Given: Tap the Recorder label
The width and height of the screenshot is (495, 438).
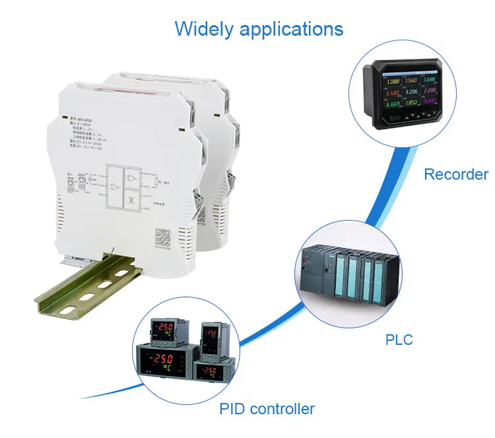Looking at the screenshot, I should click(x=456, y=174).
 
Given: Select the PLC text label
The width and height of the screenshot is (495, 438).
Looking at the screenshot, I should click(x=399, y=340).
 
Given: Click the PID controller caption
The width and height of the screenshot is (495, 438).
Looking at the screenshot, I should click(x=267, y=408).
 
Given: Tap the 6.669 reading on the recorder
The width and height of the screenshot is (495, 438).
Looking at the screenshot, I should click(x=393, y=104).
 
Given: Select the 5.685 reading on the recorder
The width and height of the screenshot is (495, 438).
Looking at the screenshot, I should click(x=393, y=93).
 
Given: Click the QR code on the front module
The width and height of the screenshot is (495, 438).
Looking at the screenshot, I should click(x=162, y=236).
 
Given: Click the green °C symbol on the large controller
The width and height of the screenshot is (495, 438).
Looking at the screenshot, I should click(x=168, y=370).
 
